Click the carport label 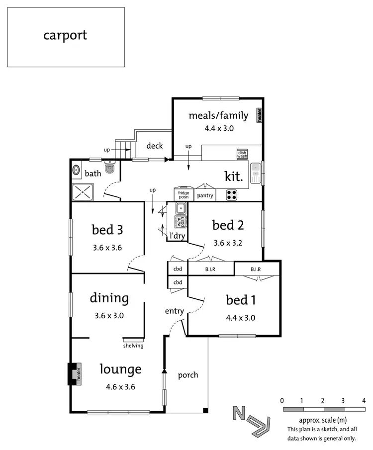click(x=65, y=35)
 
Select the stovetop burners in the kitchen click(x=232, y=194)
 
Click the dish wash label click(x=242, y=154)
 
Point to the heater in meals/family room click(x=259, y=115)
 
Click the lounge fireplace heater click(x=75, y=373)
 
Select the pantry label click(x=205, y=195)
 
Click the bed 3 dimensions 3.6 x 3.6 click(x=107, y=247)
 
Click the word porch click(x=188, y=374)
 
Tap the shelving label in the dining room click(x=133, y=346)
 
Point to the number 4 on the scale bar click(x=365, y=400)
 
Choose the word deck click(x=155, y=146)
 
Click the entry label click(x=175, y=311)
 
